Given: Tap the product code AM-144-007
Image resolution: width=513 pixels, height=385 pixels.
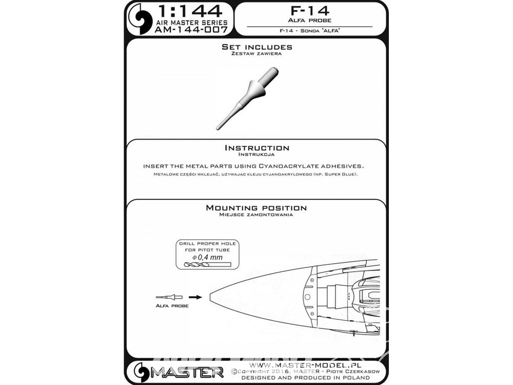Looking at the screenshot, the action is [x=191, y=30].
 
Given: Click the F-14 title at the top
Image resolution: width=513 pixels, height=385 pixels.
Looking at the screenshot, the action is [x=309, y=10].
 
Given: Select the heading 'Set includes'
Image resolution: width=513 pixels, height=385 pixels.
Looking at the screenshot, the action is [x=257, y=47].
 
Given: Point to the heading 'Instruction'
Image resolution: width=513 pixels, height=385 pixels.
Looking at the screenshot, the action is [x=257, y=148].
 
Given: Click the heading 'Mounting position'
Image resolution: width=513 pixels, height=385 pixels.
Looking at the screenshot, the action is [x=256, y=207].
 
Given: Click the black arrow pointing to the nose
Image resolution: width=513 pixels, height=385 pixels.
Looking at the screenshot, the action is [x=195, y=297].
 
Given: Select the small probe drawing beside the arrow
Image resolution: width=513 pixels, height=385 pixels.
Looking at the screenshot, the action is [x=169, y=297].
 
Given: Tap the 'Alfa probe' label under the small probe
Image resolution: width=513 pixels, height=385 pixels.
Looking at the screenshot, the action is [x=172, y=306].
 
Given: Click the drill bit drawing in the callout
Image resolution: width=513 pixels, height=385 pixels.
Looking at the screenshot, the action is [x=208, y=264].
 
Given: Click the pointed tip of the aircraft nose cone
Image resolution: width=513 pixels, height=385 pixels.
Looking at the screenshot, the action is [x=209, y=297].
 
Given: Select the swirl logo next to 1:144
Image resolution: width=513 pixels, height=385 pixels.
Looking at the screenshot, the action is [x=141, y=18].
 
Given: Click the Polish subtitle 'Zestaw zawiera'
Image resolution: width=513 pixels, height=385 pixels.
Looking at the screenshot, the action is [x=256, y=54].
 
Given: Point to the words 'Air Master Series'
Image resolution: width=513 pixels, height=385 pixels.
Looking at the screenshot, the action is [x=191, y=22].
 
